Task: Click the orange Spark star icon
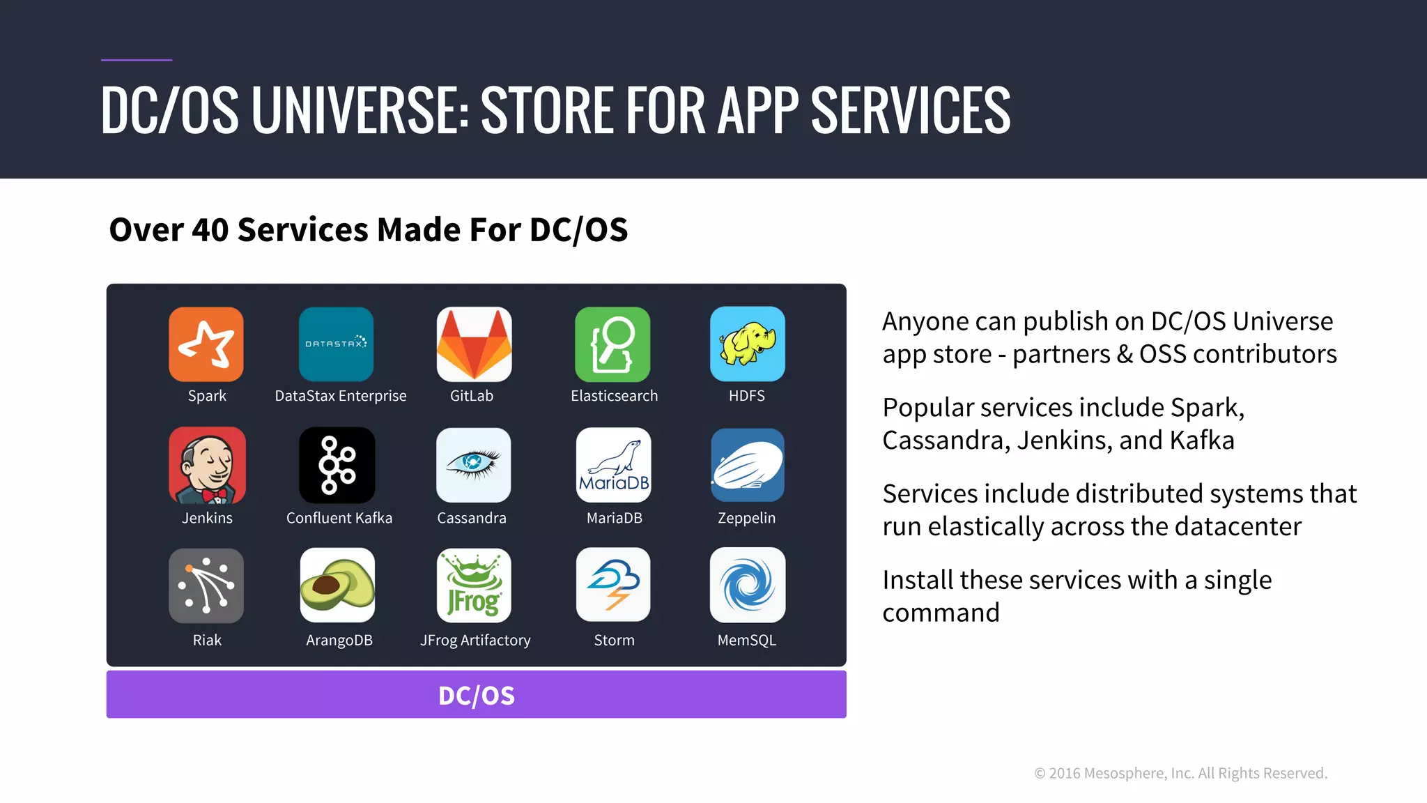pyautogui.click(x=206, y=344)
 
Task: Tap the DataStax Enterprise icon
pyautogui.click(x=336, y=344)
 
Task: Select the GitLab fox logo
pyautogui.click(x=474, y=344)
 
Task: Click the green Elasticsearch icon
pyautogui.click(x=612, y=344)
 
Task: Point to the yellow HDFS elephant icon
pyautogui.click(x=747, y=344)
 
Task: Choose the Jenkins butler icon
pyautogui.click(x=207, y=466)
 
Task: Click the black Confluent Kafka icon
pyautogui.click(x=337, y=466)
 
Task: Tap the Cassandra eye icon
pyautogui.click(x=474, y=466)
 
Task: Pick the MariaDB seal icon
pyautogui.click(x=613, y=466)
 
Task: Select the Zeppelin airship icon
pyautogui.click(x=747, y=466)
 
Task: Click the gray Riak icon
pyautogui.click(x=206, y=586)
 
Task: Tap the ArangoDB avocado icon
pyautogui.click(x=337, y=586)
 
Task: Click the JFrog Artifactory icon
pyautogui.click(x=474, y=586)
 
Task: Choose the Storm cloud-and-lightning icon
pyautogui.click(x=613, y=586)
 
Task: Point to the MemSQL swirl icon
pyautogui.click(x=747, y=586)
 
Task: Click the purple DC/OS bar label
pyautogui.click(x=477, y=696)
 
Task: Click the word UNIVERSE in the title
pyautogui.click(x=360, y=110)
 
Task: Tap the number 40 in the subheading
pyautogui.click(x=210, y=230)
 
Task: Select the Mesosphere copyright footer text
pyautogui.click(x=1180, y=773)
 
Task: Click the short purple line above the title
pyautogui.click(x=137, y=60)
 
